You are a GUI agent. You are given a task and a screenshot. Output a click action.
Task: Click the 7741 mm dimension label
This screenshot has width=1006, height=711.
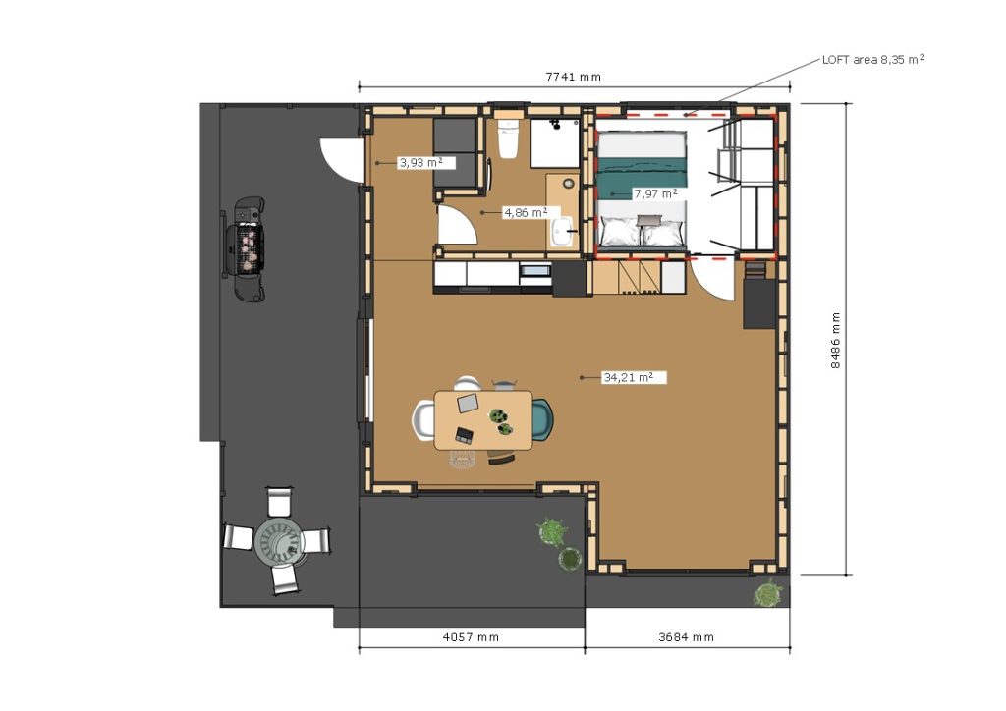tap(573, 77)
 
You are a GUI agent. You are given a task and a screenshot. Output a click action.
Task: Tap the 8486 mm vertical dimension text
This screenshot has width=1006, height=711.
tap(835, 341)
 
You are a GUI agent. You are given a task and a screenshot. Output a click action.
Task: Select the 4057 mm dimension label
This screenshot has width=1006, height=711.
tap(471, 637)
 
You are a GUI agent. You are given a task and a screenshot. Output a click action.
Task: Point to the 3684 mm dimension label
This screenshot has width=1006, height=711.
tap(686, 637)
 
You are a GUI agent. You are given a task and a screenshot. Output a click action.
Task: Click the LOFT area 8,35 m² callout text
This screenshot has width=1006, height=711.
tap(873, 60)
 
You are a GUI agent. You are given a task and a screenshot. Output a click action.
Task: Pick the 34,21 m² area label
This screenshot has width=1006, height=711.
tap(628, 378)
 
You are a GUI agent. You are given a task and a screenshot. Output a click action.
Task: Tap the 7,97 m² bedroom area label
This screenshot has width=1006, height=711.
tap(655, 193)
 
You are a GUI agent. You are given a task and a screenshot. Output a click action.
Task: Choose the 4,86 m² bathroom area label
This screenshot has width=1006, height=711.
tap(526, 212)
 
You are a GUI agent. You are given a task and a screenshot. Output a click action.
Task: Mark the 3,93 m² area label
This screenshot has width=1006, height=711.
tap(420, 163)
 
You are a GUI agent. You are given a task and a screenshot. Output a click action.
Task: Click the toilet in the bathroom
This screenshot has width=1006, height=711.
tap(508, 138)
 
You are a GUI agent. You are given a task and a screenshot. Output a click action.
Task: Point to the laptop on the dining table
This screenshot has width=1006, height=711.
tap(468, 403)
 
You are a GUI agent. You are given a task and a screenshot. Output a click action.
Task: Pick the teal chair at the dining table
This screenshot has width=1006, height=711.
tap(541, 420)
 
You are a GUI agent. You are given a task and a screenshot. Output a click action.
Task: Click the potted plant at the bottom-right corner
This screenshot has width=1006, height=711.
tap(767, 594)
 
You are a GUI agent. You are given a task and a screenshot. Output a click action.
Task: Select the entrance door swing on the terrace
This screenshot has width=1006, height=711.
tap(340, 159)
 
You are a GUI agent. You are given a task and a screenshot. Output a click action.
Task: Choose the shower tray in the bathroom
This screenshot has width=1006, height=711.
tap(554, 142)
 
